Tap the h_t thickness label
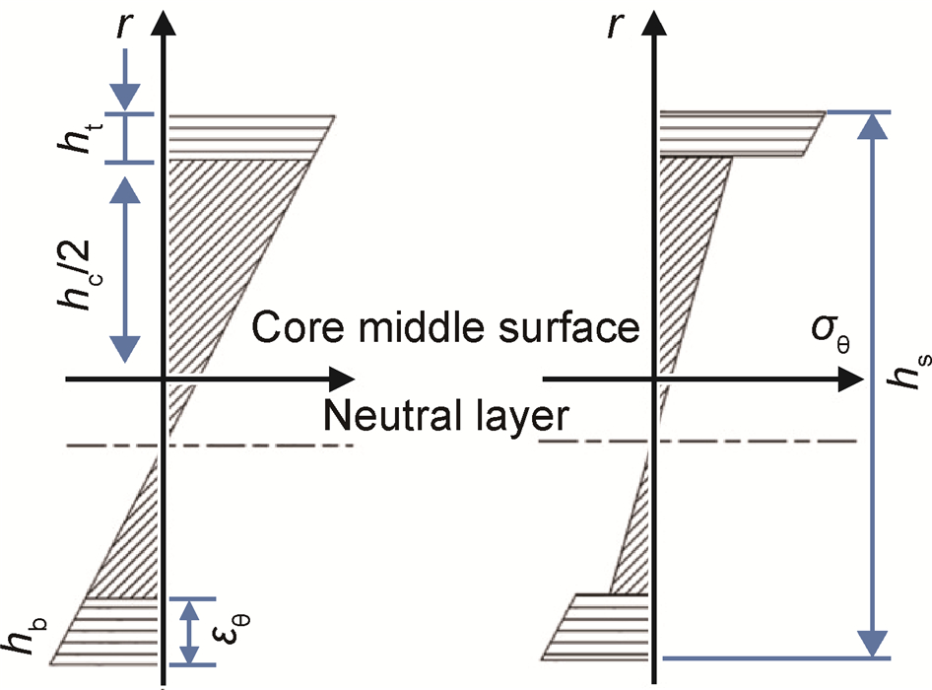click(x=82, y=139)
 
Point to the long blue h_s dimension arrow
click(x=871, y=384)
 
